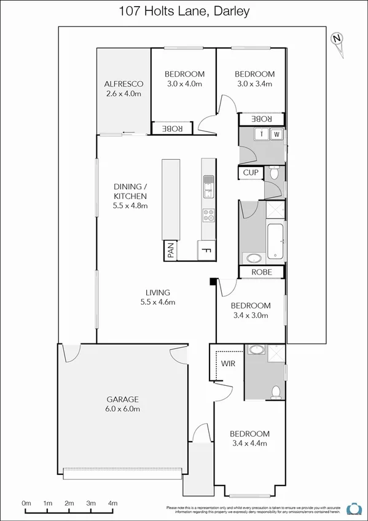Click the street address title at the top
(184, 11)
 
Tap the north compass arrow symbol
(337, 40)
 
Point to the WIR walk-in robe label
(228, 363)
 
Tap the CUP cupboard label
(250, 173)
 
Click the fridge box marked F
(207, 250)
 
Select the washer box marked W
(276, 134)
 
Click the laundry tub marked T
(262, 134)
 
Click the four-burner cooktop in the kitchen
(209, 215)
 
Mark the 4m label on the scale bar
(112, 503)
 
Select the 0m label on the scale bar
(26, 503)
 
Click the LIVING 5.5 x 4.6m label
(158, 297)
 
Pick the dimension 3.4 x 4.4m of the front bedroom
(250, 444)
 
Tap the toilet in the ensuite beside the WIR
(277, 391)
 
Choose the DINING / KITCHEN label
(130, 196)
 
